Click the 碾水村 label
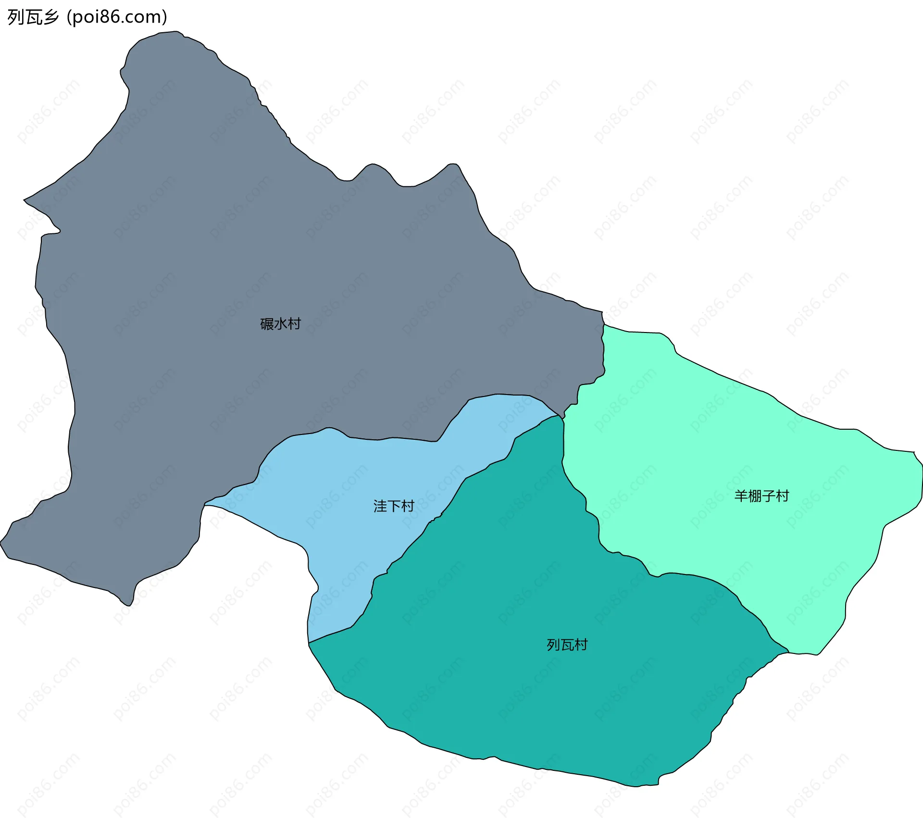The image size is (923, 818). pyautogui.click(x=280, y=324)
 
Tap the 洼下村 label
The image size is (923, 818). pyautogui.click(x=394, y=506)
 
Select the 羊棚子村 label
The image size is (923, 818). pyautogui.click(x=761, y=496)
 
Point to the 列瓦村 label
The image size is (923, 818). pyautogui.click(x=567, y=645)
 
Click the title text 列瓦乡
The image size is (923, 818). pyautogui.click(x=33, y=17)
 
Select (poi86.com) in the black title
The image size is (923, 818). pyautogui.click(x=117, y=17)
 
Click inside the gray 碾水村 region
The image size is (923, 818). pyautogui.click(x=192, y=241)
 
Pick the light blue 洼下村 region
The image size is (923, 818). pyautogui.click(x=337, y=481)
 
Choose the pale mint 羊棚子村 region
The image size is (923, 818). pyautogui.click(x=721, y=433)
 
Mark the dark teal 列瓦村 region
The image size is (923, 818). pyautogui.click(x=529, y=698)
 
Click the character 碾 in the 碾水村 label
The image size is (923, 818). pyautogui.click(x=267, y=324)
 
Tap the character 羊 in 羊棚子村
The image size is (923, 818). pyautogui.click(x=741, y=496)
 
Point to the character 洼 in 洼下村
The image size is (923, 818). pyautogui.click(x=380, y=506)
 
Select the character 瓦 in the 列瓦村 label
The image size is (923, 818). pyautogui.click(x=567, y=645)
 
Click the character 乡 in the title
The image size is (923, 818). pyautogui.click(x=50, y=17)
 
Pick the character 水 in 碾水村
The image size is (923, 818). pyautogui.click(x=280, y=324)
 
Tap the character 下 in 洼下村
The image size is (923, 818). pyautogui.click(x=394, y=506)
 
